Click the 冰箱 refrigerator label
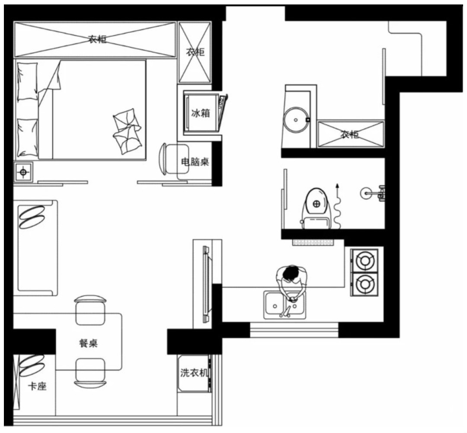tap(201, 113)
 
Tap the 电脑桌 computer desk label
tap(195, 162)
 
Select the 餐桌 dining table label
tap(89, 343)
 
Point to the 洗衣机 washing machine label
tap(194, 372)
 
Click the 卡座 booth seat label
tap(37, 387)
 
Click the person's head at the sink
tap(291, 274)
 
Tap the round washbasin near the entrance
tap(296, 120)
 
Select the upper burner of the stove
tap(365, 260)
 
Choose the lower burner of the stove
tap(365, 284)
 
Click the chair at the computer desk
tap(174, 159)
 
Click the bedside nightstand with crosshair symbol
tap(23, 172)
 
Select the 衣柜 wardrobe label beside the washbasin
tap(350, 135)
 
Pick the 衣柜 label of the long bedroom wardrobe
tap(97, 39)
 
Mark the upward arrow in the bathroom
tap(337, 205)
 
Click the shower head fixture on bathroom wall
tap(373, 193)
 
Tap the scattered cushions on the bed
tap(127, 131)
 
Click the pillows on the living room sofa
tap(32, 217)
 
